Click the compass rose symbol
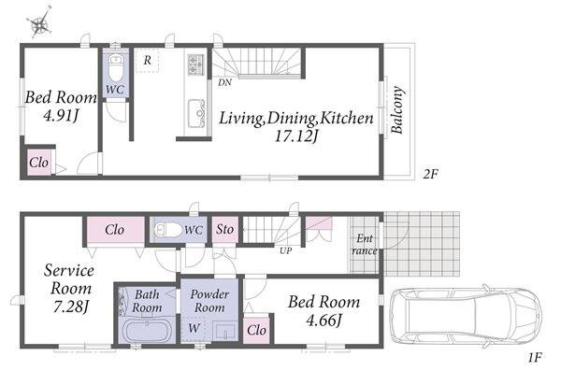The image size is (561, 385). [x=39, y=22]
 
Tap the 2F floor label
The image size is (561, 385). [x=430, y=175]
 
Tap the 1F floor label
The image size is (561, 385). [x=535, y=357]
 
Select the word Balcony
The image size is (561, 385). [x=397, y=110]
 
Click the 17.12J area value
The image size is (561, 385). [x=296, y=136]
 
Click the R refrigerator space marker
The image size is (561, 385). [x=148, y=60]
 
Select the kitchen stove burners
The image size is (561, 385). [x=195, y=64]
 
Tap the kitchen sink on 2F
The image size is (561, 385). [x=196, y=113]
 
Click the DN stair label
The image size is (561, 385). [x=224, y=82]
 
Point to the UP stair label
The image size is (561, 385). [x=285, y=251]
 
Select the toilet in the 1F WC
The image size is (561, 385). [x=168, y=230]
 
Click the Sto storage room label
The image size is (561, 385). [x=224, y=229]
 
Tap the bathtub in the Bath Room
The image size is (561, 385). [x=148, y=330]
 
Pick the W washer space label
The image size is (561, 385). [x=194, y=328]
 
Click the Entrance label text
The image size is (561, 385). [x=365, y=244]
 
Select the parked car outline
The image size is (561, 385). [x=466, y=316]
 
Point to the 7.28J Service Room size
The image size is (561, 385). [x=70, y=307]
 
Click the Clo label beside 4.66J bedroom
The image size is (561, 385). [x=256, y=330]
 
